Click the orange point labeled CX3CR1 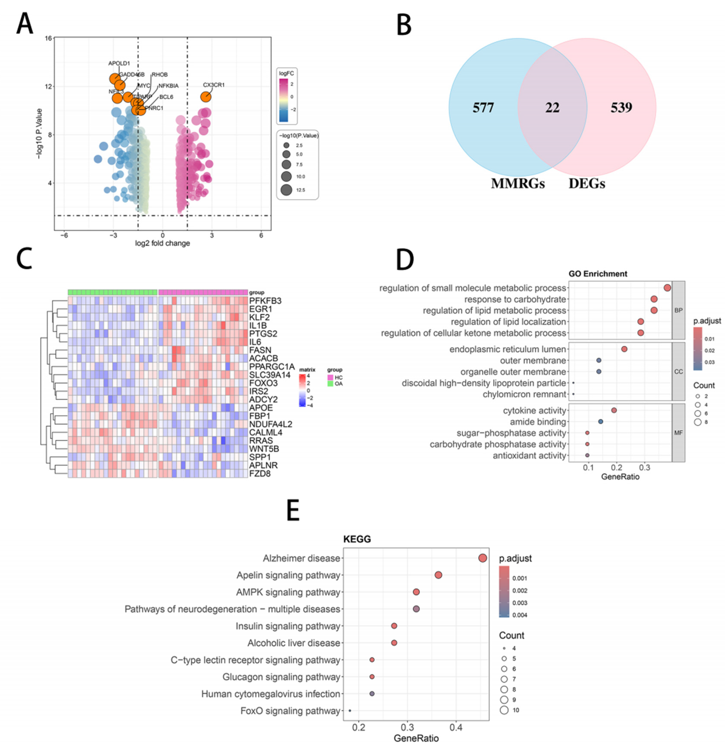[206, 97]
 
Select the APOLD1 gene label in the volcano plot [119, 63]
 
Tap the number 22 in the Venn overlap [552, 108]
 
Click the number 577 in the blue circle [483, 108]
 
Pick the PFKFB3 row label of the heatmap [265, 301]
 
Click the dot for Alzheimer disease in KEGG [482, 558]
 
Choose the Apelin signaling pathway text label [288, 575]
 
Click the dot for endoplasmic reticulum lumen [624, 349]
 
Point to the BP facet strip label [678, 310]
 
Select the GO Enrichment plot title [598, 274]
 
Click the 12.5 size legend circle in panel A [286, 190]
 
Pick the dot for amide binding [600, 421]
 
